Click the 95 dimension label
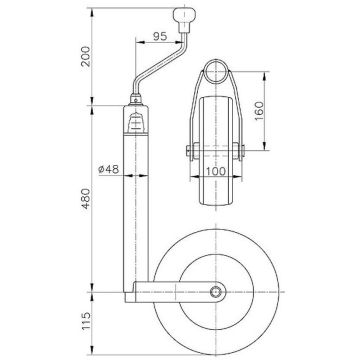click(160, 36)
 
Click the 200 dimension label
click(86, 56)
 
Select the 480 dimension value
click(86, 199)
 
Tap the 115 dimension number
click(86, 322)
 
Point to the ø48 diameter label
click(109, 169)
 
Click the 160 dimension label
click(259, 111)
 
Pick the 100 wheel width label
click(215, 171)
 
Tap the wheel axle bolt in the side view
click(217, 292)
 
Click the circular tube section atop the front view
click(215, 72)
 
